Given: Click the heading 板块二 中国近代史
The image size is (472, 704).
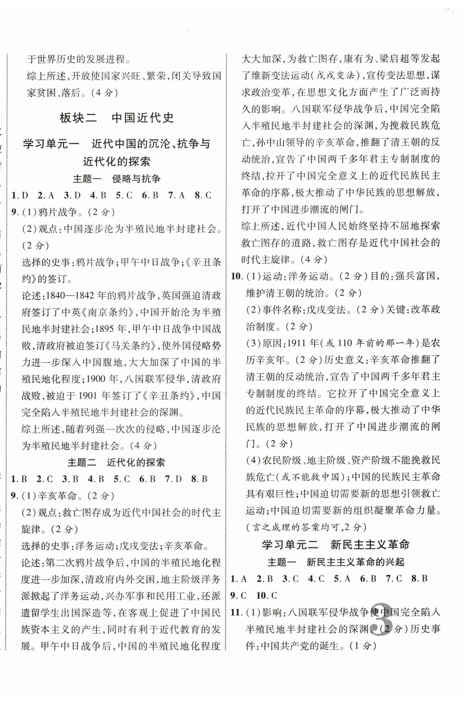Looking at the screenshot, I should [x=117, y=118].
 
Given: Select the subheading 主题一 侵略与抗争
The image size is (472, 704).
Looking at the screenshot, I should [x=117, y=179].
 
